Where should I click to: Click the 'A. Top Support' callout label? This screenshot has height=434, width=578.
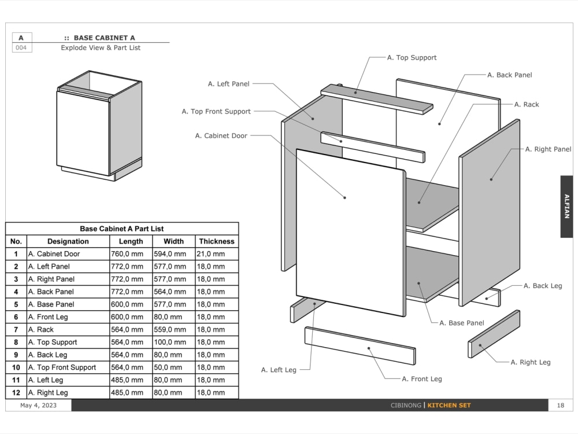(412, 57)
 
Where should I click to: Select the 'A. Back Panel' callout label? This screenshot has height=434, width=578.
(509, 75)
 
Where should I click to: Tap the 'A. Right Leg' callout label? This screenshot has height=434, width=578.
(530, 362)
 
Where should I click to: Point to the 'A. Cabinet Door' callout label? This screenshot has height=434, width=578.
(221, 135)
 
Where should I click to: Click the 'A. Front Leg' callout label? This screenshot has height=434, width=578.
(421, 379)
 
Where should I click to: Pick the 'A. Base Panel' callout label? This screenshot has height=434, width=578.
(461, 323)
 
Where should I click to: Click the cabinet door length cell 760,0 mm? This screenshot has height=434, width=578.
(131, 253)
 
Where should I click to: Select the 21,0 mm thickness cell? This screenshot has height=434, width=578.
(211, 253)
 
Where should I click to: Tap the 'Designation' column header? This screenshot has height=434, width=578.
(68, 241)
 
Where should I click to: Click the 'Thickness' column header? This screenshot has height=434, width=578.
(217, 241)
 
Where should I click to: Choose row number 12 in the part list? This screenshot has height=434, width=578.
(16, 392)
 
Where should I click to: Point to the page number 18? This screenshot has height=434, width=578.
(560, 405)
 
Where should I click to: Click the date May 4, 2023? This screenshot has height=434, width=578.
(38, 405)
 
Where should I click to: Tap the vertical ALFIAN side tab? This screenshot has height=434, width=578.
(566, 207)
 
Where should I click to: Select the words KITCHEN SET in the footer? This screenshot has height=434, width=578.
(449, 405)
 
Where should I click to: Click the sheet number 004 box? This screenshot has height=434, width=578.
(21, 47)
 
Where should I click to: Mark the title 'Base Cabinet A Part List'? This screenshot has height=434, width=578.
(121, 229)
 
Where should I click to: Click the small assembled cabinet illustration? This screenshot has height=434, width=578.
(99, 126)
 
